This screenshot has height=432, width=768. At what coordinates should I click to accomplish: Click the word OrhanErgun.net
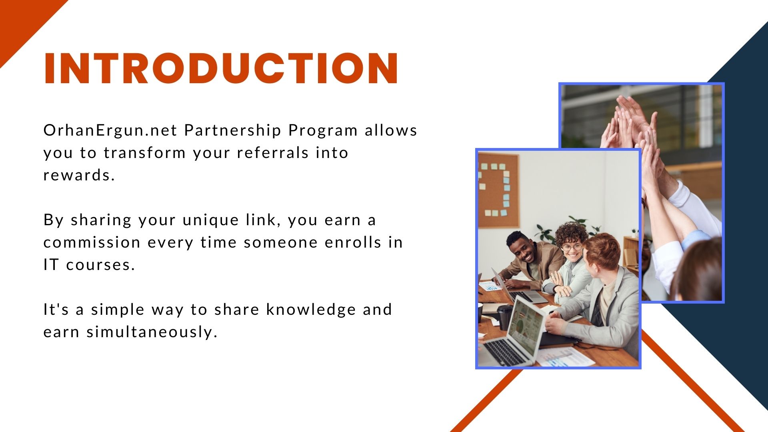tap(110, 130)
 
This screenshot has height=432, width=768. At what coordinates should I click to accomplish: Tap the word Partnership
tap(232, 130)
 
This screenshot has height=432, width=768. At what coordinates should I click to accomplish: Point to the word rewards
tap(79, 175)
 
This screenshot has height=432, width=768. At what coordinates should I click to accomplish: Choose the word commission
tap(92, 242)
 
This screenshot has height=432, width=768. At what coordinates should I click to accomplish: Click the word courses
tap(100, 265)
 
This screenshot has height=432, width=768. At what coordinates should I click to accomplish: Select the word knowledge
tap(311, 310)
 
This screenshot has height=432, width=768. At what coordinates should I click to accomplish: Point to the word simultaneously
tap(152, 332)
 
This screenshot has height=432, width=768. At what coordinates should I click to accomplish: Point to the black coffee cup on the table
tap(505, 317)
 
